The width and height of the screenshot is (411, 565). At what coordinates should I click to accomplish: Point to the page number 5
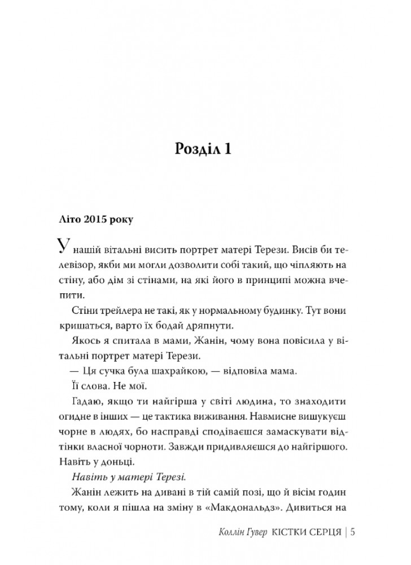(353, 533)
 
